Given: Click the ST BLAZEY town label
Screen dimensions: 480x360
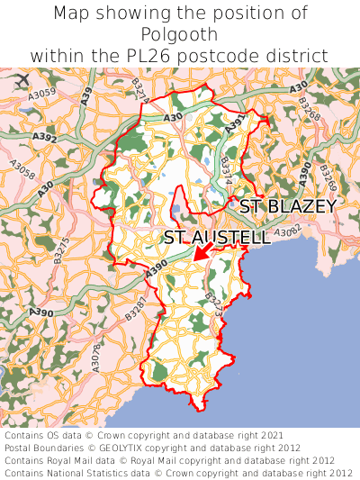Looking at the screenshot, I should [287, 206].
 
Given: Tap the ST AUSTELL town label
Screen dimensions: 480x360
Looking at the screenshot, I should [217, 239].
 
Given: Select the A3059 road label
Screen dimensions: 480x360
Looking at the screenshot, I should [42, 93].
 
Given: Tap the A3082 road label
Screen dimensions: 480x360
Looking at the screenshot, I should [287, 232].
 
